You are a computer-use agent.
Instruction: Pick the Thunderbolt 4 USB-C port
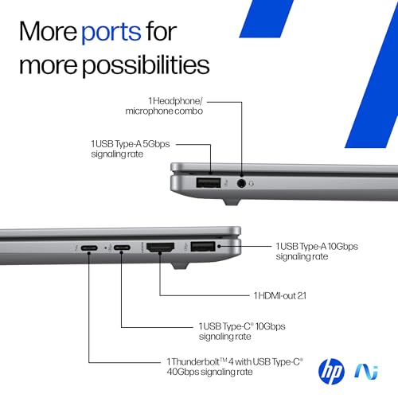click(88, 248)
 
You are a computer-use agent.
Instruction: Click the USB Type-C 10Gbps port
click(121, 248)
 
